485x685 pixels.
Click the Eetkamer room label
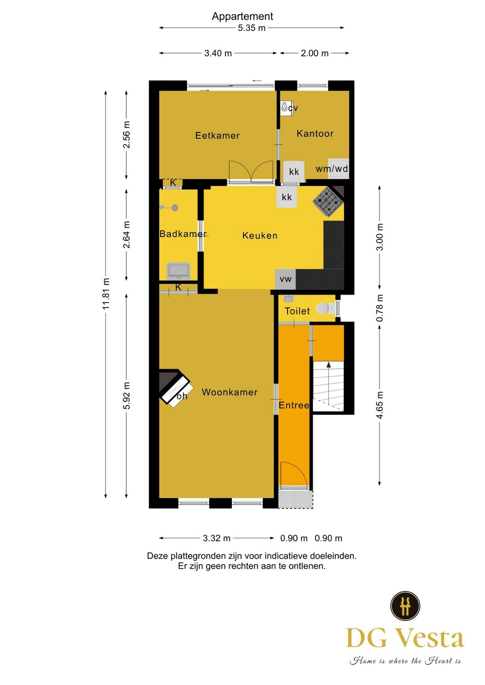(217, 136)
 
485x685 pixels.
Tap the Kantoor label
(315, 133)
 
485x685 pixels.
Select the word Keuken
(260, 236)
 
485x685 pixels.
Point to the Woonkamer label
(229, 392)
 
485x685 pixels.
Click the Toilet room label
(297, 312)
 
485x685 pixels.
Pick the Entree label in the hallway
(294, 405)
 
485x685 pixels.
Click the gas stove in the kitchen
(327, 202)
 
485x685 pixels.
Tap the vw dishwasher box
(286, 279)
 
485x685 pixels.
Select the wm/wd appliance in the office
(339, 168)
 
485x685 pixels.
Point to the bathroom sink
(178, 271)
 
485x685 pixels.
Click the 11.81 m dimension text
(106, 294)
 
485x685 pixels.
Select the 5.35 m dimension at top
(251, 28)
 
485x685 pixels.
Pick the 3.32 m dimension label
(216, 538)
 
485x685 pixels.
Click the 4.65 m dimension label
(380, 405)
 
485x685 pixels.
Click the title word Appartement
(242, 16)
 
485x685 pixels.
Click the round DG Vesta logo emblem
(405, 606)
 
